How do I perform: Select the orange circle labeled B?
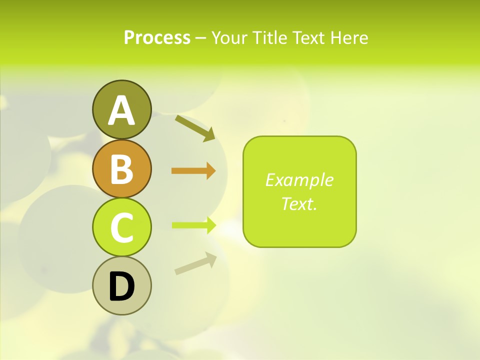click(x=121, y=168)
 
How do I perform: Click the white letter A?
click(x=121, y=110)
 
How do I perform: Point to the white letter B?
click(x=121, y=168)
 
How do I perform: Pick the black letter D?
click(x=121, y=286)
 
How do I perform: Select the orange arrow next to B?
click(x=193, y=171)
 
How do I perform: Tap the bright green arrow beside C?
click(x=193, y=225)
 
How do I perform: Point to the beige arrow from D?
click(x=195, y=263)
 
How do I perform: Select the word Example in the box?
click(x=299, y=180)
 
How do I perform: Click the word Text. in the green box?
click(x=299, y=203)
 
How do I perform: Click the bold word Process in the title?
click(x=157, y=37)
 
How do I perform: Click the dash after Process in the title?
click(x=201, y=38)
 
